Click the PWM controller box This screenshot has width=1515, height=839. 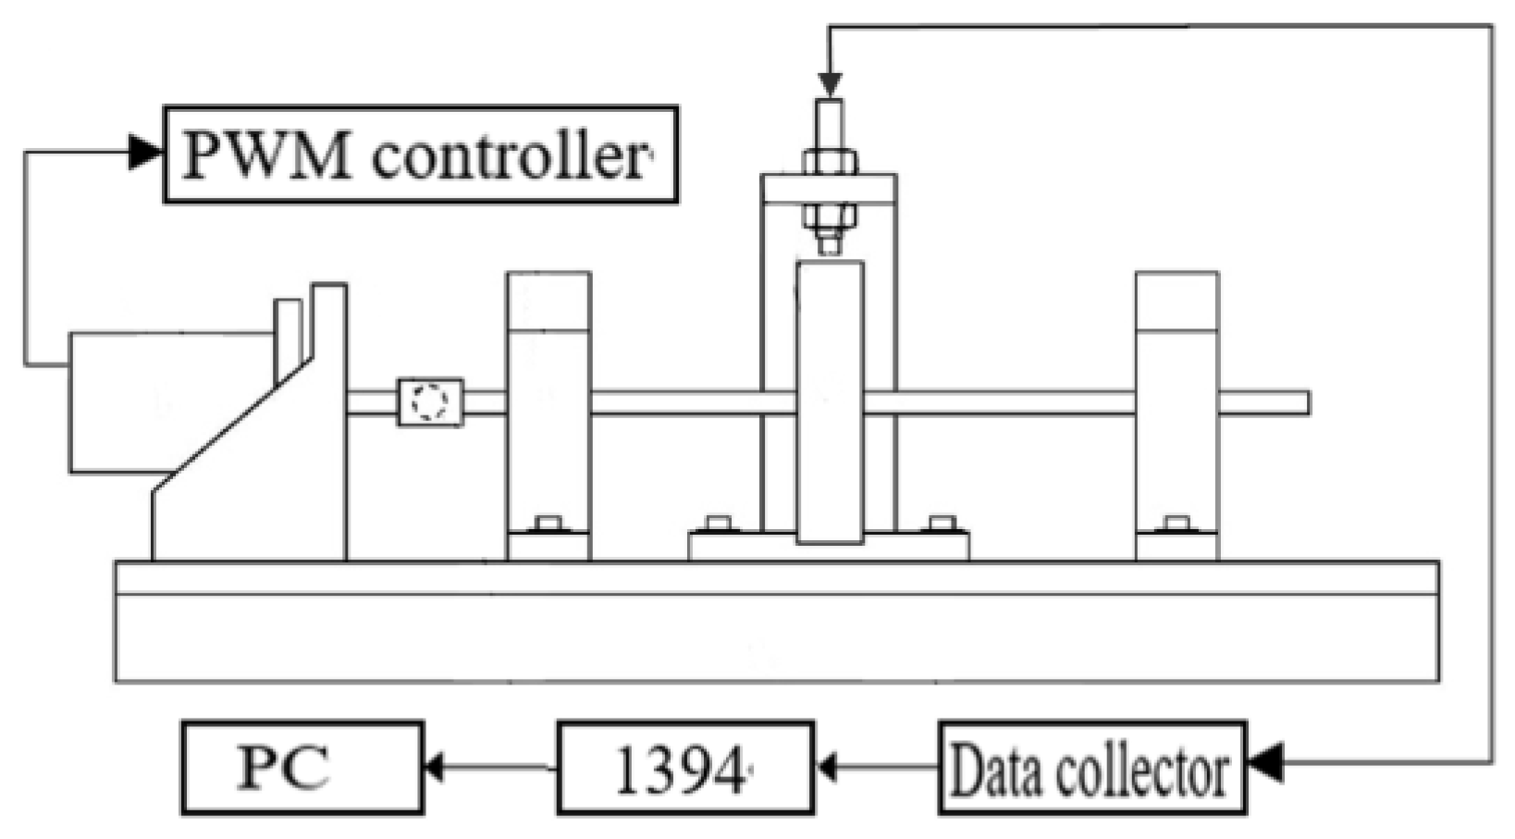421,154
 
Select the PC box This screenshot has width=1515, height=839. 302,768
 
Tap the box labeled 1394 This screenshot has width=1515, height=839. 685,768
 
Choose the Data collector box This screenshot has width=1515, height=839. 1092,768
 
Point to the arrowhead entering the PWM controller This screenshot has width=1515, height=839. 144,152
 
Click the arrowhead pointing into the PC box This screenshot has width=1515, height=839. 433,768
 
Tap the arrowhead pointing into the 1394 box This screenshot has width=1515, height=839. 827,768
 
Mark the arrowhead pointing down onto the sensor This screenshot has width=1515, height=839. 830,83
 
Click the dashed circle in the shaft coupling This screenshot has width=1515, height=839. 429,402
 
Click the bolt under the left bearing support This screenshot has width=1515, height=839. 548,524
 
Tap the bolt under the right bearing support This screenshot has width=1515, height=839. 1176,524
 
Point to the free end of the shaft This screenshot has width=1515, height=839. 1300,402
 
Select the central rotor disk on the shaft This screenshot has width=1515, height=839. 830,402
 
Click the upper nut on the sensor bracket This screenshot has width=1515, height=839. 830,163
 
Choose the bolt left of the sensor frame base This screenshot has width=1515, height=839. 718,524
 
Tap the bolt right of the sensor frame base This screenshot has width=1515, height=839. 942,524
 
